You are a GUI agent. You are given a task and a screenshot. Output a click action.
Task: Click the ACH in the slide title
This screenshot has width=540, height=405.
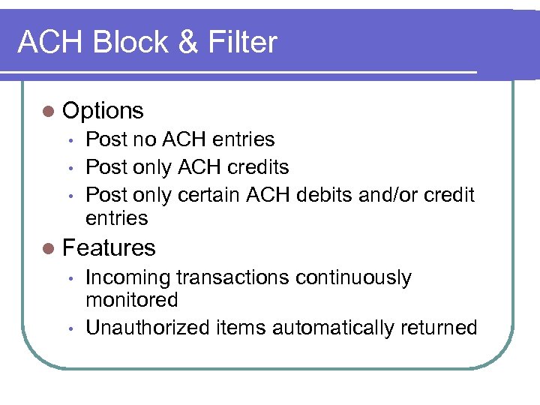coord(47,42)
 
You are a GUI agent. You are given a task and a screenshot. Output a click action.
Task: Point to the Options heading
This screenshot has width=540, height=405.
coord(103,111)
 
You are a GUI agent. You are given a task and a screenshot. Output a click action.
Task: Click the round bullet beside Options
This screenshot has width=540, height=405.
coord(49,112)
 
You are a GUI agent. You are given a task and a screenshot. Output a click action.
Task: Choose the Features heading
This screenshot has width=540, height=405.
coord(109,247)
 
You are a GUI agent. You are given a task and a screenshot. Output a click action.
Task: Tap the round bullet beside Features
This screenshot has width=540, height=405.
coord(49,248)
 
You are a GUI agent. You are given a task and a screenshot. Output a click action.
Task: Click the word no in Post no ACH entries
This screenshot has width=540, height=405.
coord(143,139)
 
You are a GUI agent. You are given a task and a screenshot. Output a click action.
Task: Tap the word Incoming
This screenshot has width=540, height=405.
coord(128,278)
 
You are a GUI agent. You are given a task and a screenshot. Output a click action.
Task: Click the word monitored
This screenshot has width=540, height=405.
coord(131,300)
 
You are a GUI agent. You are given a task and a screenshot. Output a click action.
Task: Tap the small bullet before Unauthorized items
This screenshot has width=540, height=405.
coord(69,329)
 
